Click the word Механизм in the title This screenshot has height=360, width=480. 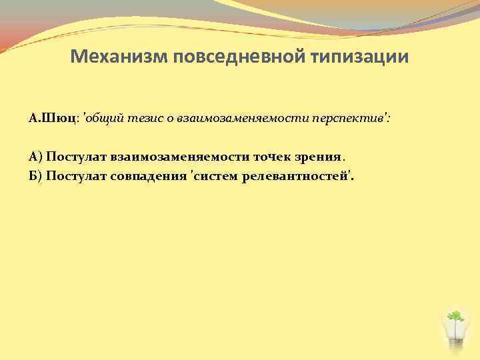pos(118,57)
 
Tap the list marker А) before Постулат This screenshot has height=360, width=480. pos(36,157)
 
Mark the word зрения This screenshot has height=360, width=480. pos(318,157)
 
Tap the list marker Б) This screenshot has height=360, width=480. pos(36,177)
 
